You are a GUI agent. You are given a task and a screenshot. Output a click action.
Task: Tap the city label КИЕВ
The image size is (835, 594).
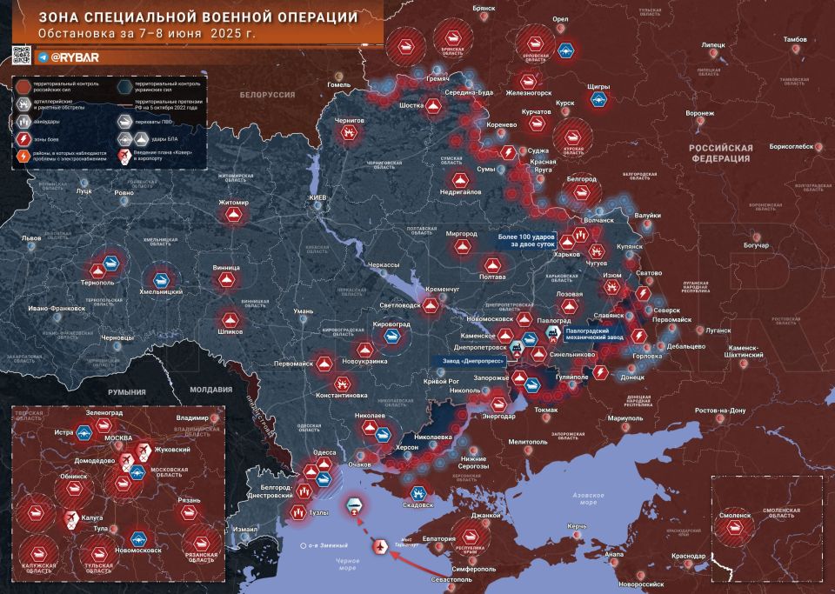click(317, 199)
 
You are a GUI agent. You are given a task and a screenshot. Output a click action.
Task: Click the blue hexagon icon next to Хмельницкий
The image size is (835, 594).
click(161, 280)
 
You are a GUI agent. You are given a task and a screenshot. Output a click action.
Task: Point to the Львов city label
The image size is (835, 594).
click(31, 237)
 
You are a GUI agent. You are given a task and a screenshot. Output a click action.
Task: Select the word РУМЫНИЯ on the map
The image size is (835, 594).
click(128, 393)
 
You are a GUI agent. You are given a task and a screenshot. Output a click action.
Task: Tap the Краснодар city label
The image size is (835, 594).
click(689, 556)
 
